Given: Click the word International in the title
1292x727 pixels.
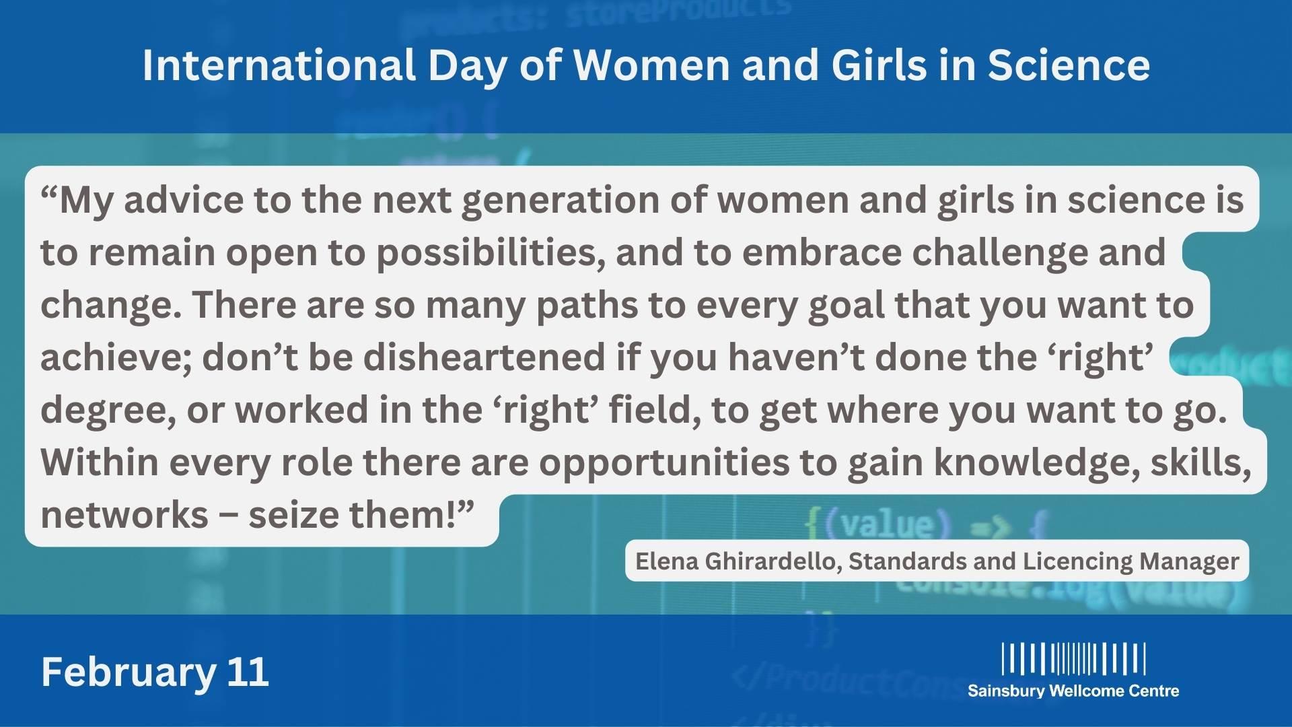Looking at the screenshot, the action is (x=279, y=65).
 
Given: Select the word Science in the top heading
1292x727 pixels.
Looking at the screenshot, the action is (x=1069, y=65).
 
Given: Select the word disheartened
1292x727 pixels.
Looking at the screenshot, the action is (x=485, y=357).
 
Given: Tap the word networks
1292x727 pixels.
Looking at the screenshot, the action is (x=124, y=515).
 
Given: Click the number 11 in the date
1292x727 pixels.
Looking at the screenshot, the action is (x=248, y=671).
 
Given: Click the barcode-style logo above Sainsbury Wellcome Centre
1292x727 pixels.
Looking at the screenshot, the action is (x=1073, y=658).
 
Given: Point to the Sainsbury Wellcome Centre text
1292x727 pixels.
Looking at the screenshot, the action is (x=1073, y=691).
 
